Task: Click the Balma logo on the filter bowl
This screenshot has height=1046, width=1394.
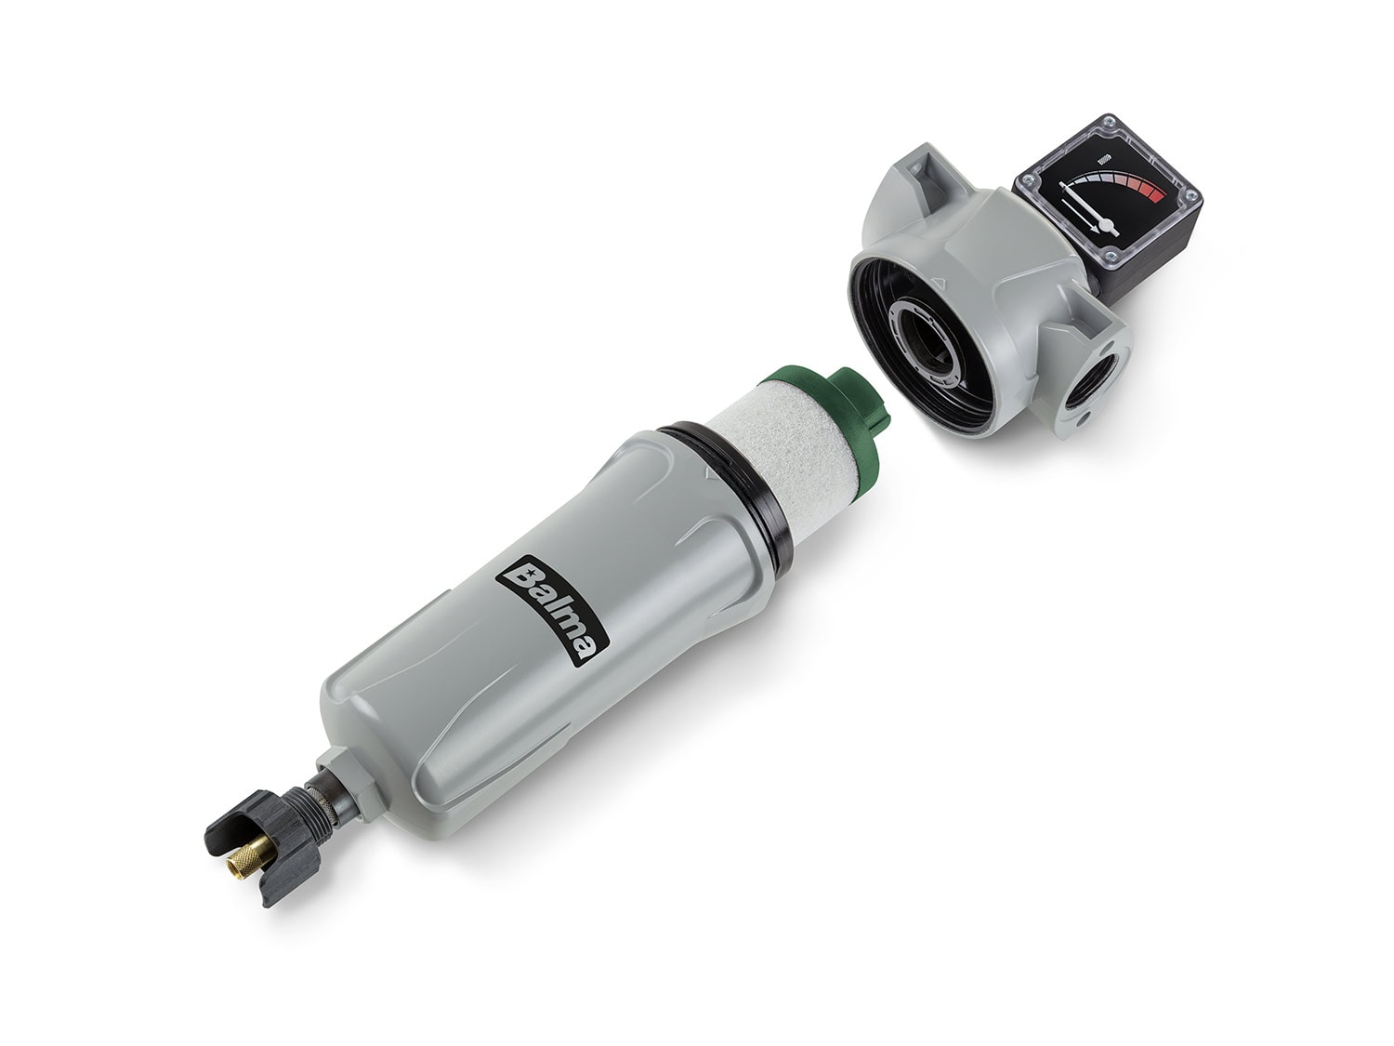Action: point(552,610)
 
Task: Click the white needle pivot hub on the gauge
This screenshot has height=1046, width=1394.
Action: point(1106,224)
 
